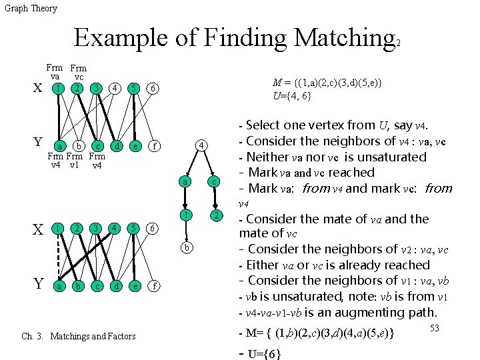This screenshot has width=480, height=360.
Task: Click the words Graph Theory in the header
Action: click(x=31, y=8)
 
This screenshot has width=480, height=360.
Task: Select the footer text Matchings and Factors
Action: click(x=93, y=336)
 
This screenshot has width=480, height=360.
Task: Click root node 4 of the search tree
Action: click(x=201, y=145)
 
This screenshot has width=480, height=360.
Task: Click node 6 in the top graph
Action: click(x=153, y=89)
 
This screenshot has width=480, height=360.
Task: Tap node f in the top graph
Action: click(x=153, y=145)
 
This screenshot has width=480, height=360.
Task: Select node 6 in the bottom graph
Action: click(x=153, y=228)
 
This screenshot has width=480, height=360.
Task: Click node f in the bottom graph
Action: click(x=153, y=285)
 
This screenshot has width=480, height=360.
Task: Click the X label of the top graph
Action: click(x=37, y=89)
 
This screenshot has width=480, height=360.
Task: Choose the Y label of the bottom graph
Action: click(x=38, y=284)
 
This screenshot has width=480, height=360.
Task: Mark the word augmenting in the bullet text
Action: click(x=359, y=312)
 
